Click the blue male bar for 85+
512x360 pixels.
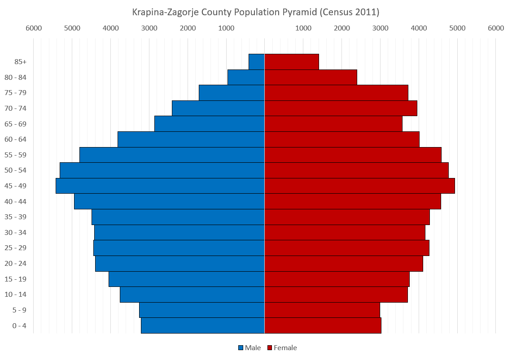(x=257, y=62)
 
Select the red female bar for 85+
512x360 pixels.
(x=292, y=62)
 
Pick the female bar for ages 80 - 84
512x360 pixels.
(x=311, y=77)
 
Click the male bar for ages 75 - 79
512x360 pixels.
(x=232, y=93)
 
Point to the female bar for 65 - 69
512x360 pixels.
(x=333, y=124)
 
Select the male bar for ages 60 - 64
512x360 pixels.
(x=191, y=139)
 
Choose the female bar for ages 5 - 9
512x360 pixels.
(x=322, y=310)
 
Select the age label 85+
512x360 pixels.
(x=20, y=62)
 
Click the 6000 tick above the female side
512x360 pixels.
(x=496, y=28)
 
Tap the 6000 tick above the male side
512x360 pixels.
(x=34, y=28)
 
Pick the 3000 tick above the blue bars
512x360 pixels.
(x=149, y=28)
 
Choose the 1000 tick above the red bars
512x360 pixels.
(x=303, y=28)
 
